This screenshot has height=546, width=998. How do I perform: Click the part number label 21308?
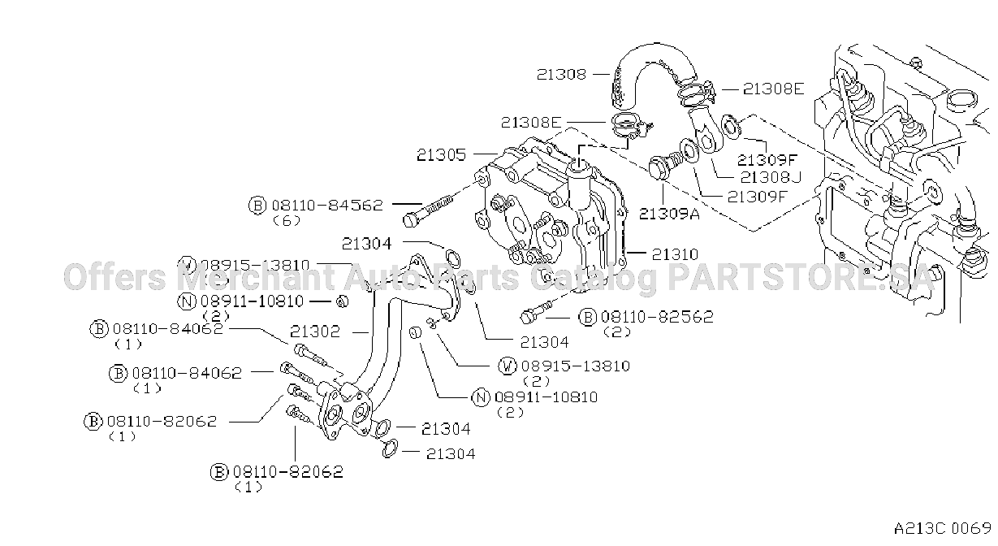[561, 75]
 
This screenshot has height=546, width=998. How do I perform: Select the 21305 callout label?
[441, 155]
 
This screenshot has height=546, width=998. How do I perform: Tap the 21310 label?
[675, 254]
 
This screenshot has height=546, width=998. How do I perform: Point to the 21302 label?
[314, 331]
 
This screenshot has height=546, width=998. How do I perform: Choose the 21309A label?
[669, 214]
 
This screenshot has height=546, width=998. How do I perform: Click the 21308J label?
[771, 177]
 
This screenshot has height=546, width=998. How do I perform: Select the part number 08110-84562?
[327, 206]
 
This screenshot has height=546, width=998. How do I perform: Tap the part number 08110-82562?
[657, 317]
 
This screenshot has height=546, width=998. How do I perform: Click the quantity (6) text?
[287, 221]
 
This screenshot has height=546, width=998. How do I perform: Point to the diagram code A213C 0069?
[943, 529]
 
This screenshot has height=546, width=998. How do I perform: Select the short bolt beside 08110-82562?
[536, 312]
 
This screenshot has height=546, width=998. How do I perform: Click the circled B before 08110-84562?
[257, 206]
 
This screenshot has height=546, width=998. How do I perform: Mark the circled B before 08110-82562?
[587, 317]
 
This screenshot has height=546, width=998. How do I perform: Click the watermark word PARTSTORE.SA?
[800, 277]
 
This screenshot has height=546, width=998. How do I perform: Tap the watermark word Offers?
[115, 277]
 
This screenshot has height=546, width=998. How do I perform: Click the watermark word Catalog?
[593, 279]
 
